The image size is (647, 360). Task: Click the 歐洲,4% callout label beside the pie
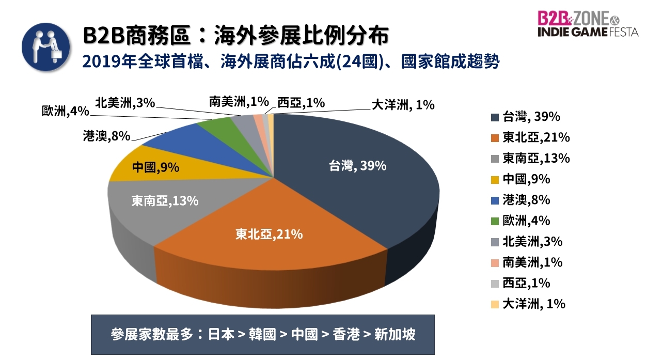point(66,111)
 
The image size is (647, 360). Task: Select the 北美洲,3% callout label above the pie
point(125,103)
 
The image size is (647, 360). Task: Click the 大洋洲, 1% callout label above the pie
point(403,104)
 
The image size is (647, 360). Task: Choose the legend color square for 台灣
point(495,117)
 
